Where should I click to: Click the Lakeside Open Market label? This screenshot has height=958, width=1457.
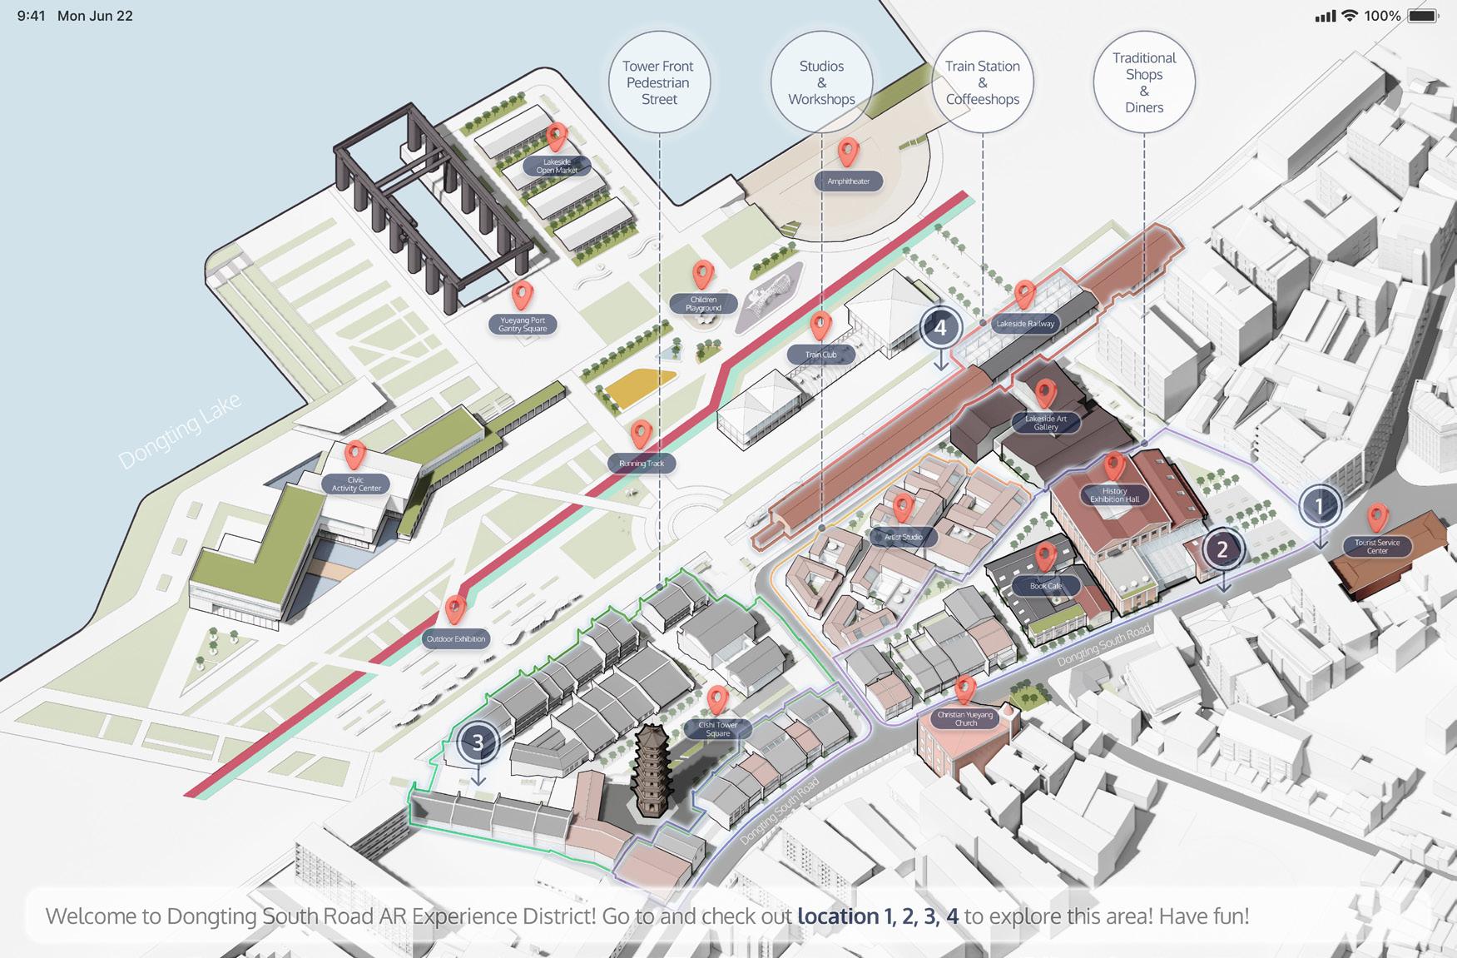(x=557, y=166)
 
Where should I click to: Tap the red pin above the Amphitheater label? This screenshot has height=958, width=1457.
(x=848, y=152)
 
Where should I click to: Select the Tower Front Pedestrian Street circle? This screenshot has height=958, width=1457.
(x=659, y=82)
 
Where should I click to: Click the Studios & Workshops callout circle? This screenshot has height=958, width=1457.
(x=821, y=82)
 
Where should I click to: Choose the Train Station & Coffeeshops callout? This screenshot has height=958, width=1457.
(x=983, y=82)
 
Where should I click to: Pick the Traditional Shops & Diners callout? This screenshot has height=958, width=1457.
(x=1144, y=82)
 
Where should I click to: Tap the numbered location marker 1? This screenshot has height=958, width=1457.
(x=1319, y=505)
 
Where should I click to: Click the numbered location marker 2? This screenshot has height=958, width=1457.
(x=1222, y=549)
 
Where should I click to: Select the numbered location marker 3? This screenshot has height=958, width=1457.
(x=478, y=742)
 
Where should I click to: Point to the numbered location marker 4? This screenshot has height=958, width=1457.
(x=940, y=328)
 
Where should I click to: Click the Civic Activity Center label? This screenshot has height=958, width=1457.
(x=356, y=484)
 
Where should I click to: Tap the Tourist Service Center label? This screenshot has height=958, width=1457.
(x=1377, y=547)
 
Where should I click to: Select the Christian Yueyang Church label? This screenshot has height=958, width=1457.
(x=965, y=719)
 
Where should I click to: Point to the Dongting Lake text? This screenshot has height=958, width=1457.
(x=180, y=431)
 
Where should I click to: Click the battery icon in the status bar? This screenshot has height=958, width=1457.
(x=1424, y=16)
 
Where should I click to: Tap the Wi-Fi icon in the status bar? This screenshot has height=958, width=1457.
(x=1350, y=16)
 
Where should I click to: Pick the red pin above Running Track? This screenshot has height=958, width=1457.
(x=641, y=434)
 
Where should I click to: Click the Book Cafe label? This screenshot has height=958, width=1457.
(x=1046, y=586)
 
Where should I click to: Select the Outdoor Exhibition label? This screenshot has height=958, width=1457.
(x=456, y=639)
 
